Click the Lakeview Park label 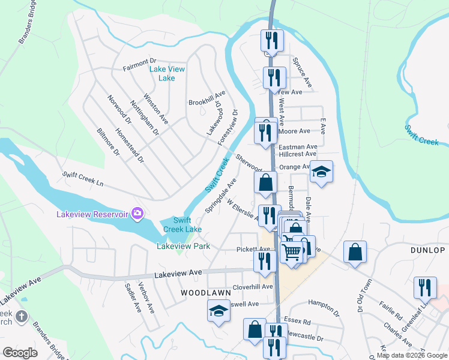pyautogui.click(x=183, y=246)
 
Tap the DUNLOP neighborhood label pyautogui.click(x=427, y=250)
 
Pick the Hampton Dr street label pyautogui.click(x=324, y=307)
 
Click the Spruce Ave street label pyautogui.click(x=303, y=71)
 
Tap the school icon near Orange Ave pyautogui.click(x=321, y=172)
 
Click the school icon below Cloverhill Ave pyautogui.click(x=218, y=311)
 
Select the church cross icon pyautogui.click(x=21, y=316)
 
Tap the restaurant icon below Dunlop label pyautogui.click(x=425, y=287)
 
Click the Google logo pyautogui.click(x=20, y=353)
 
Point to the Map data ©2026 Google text pyautogui.click(x=412, y=355)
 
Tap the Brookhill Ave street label pyautogui.click(x=206, y=98)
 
